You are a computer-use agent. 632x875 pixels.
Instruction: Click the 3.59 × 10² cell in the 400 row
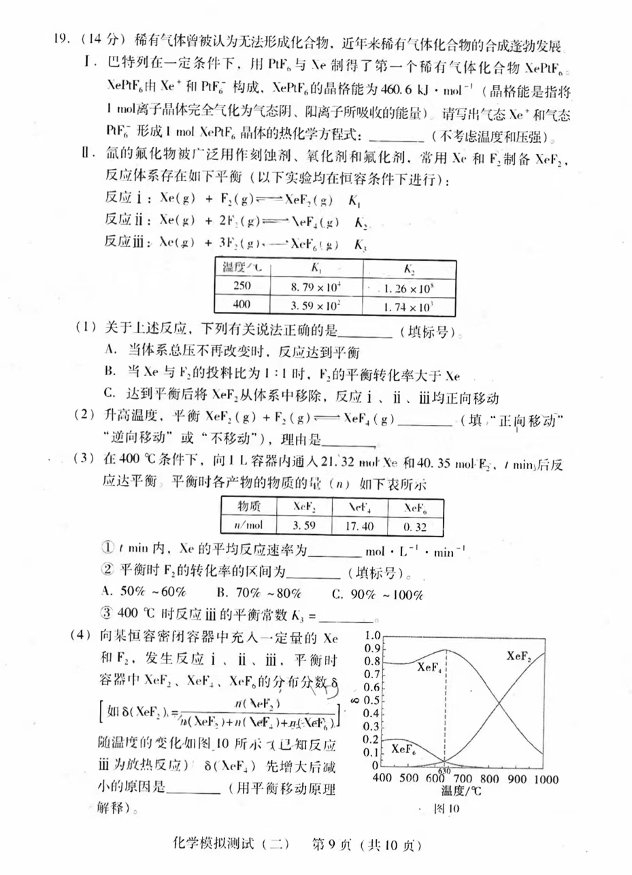point(316,306)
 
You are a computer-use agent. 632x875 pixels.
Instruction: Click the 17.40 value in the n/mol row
point(359,526)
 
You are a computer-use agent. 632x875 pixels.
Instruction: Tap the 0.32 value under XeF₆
point(415,526)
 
